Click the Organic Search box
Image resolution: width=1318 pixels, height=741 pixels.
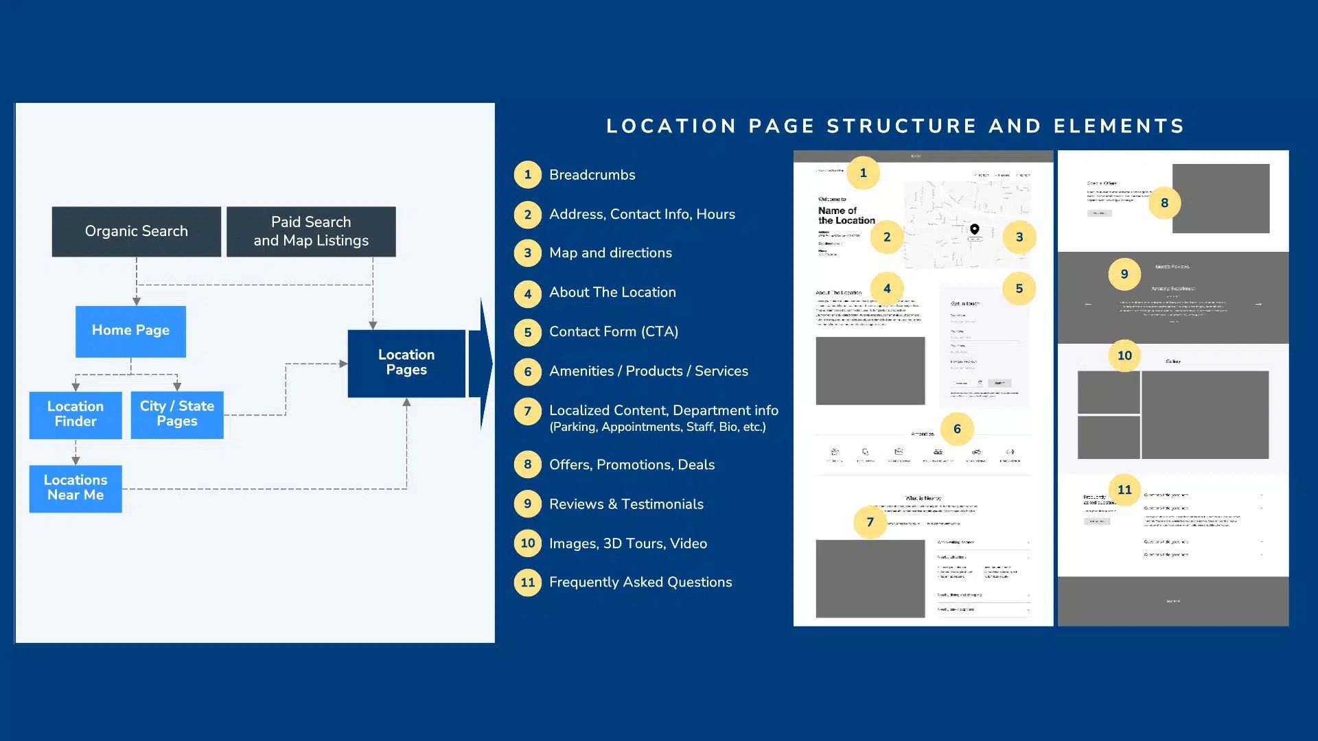coord(136,231)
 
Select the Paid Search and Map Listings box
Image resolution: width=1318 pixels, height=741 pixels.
coord(311,231)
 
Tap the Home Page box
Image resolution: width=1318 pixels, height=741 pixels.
coord(130,331)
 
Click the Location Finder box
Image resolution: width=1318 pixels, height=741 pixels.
coord(76,414)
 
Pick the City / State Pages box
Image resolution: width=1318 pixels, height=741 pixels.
coord(177,414)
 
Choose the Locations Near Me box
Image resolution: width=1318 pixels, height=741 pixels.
coord(76,488)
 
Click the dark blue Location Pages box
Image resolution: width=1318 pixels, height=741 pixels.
coord(406,363)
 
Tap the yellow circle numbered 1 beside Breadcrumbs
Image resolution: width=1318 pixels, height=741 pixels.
coord(527,175)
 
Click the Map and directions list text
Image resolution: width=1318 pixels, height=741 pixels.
coord(610,253)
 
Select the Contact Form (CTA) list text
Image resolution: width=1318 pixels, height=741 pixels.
coord(613,332)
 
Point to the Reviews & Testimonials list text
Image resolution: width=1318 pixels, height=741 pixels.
coord(626,504)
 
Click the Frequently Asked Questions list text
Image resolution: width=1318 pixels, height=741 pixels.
coord(640,583)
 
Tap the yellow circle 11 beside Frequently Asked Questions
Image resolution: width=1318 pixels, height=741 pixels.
coord(527,583)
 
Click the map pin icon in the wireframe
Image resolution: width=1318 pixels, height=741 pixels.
coord(974,229)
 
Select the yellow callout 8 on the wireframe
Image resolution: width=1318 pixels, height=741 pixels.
coord(1164,203)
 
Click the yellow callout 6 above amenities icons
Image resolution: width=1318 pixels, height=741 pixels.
coord(957,430)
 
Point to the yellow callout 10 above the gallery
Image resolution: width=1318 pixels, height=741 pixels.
coord(1124,355)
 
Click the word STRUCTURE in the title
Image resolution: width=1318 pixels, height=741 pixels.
coord(902,126)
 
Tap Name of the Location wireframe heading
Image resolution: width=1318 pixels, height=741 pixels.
coord(846,215)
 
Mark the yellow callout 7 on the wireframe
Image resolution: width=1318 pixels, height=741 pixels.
coord(870,522)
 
